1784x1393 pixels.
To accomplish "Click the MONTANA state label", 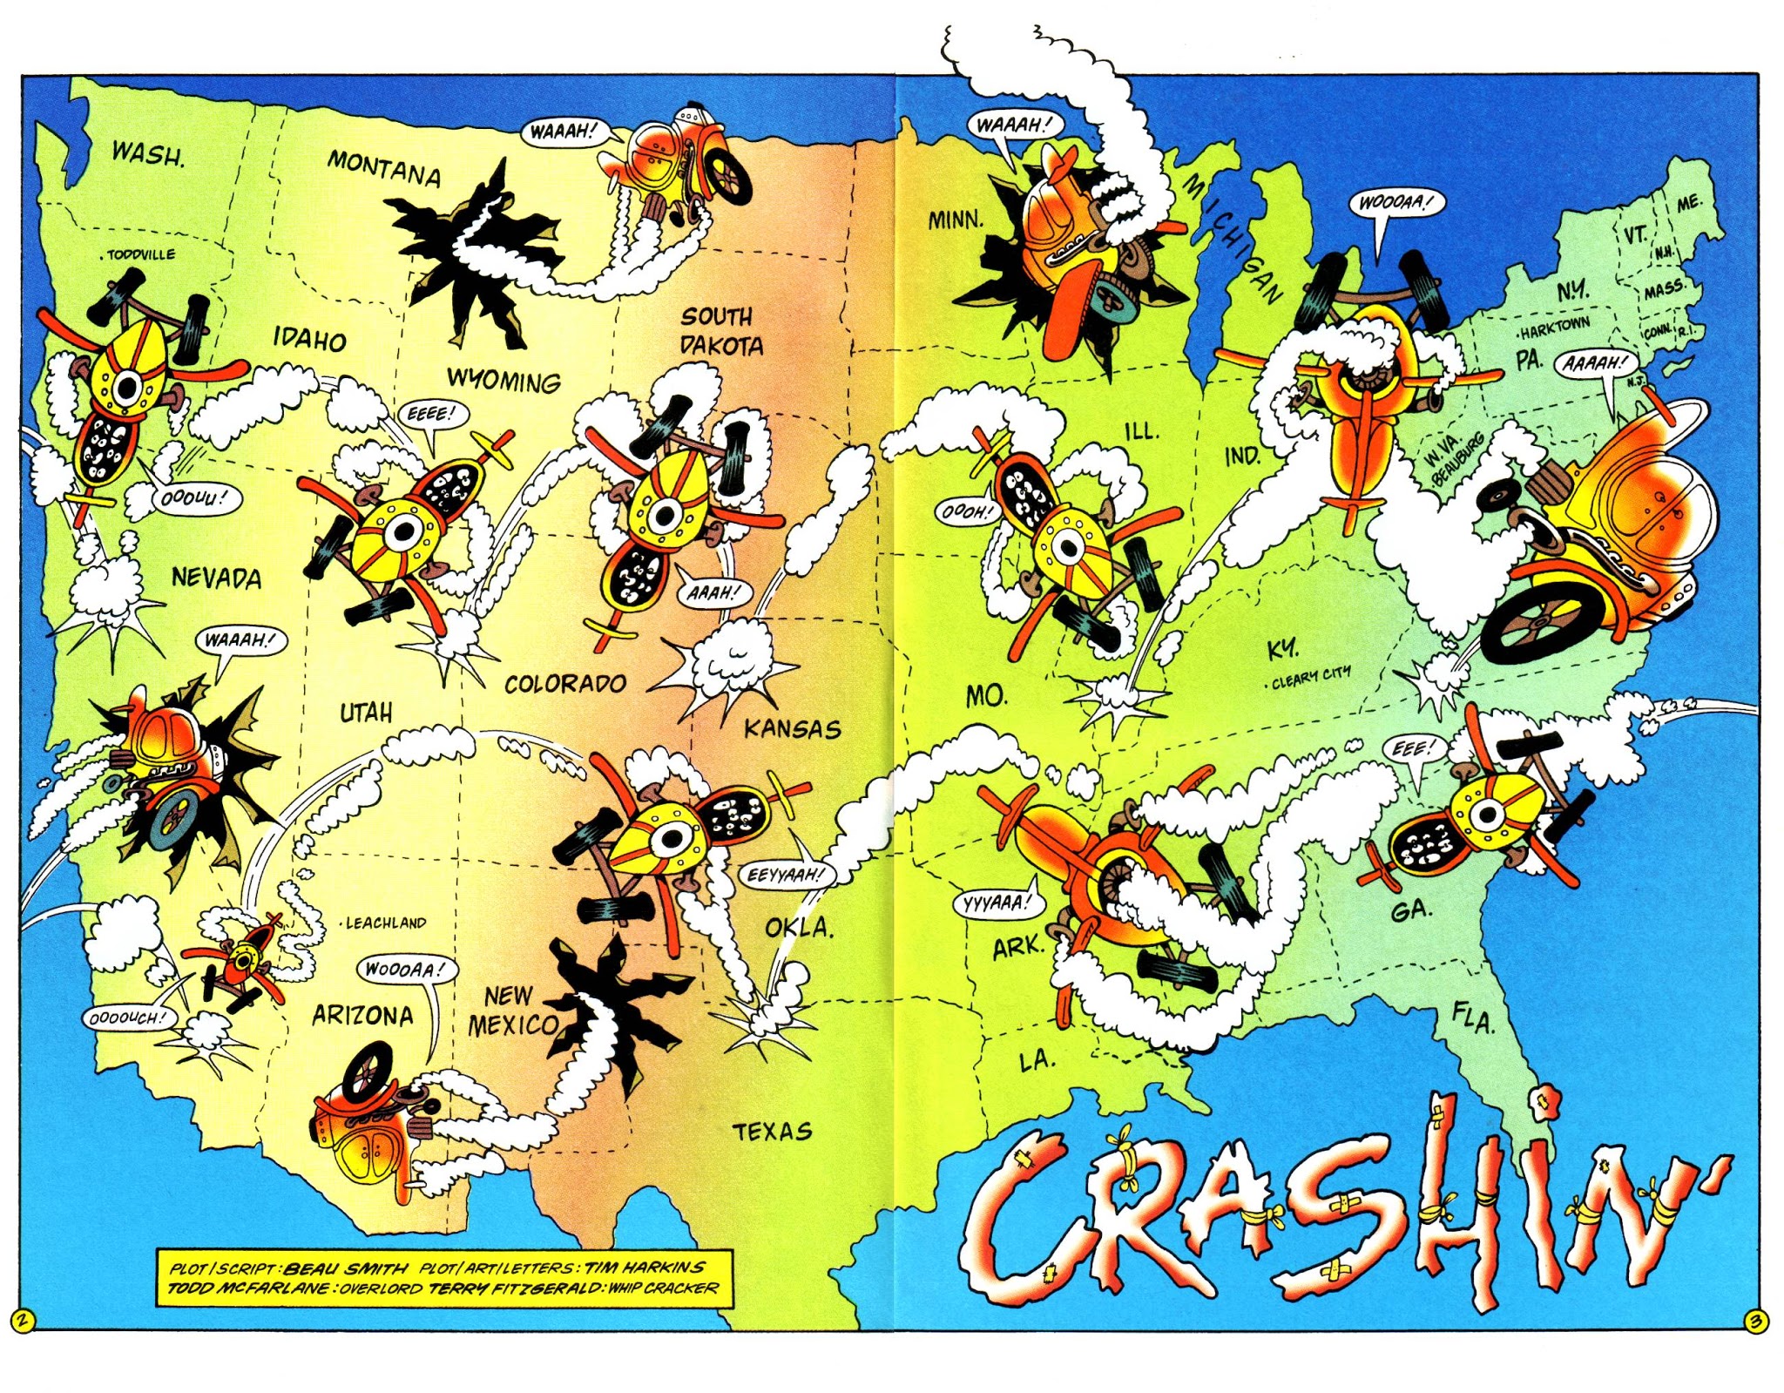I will click(384, 168).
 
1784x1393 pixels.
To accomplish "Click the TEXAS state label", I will click(772, 1132).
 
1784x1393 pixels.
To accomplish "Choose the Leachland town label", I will click(383, 923).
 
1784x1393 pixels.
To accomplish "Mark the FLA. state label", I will click(1473, 1017).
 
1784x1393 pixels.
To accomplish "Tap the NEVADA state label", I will click(216, 578).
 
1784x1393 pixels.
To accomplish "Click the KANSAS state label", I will click(792, 729).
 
